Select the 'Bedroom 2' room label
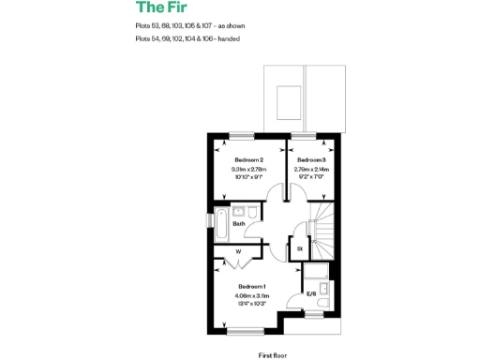click(248, 160)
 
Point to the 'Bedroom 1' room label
click(251, 286)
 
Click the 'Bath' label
click(239, 224)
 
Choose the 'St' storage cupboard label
click(299, 249)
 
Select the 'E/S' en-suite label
click(311, 295)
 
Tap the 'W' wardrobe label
click(238, 251)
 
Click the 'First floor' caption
click(271, 355)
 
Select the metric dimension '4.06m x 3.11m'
click(251, 295)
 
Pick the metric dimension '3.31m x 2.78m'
click(248, 169)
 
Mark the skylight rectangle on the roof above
click(287, 94)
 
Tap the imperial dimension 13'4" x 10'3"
click(251, 304)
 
